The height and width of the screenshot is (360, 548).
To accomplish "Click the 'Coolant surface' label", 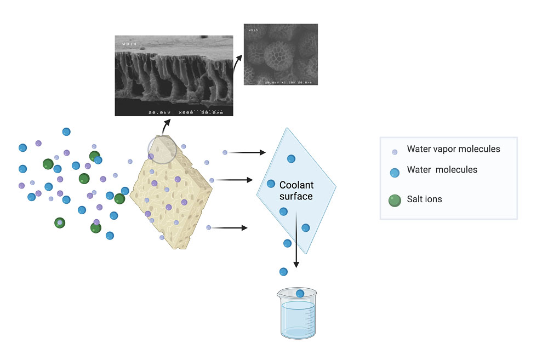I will [x=296, y=191].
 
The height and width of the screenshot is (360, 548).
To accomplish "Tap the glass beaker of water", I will [x=296, y=314].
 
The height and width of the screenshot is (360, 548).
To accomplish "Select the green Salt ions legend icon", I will [x=395, y=199].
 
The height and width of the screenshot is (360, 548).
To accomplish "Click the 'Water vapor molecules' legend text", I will [x=453, y=149].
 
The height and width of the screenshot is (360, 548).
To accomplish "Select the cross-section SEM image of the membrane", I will [x=174, y=76].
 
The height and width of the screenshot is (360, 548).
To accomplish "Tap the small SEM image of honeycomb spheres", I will [x=281, y=54].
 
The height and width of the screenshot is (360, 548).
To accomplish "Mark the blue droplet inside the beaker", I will [x=300, y=294].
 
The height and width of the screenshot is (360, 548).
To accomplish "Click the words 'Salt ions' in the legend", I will [x=424, y=199].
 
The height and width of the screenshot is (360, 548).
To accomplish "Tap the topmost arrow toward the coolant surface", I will [x=247, y=153].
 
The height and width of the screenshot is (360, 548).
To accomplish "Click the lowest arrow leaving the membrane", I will [x=230, y=227].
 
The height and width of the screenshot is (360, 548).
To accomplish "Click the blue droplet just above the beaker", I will [x=283, y=272].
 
